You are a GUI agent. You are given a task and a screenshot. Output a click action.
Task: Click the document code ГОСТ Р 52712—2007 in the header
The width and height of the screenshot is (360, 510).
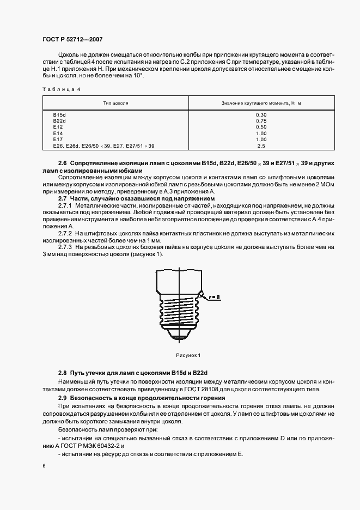click(72, 40)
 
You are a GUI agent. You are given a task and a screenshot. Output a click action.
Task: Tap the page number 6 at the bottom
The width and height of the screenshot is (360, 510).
click(44, 466)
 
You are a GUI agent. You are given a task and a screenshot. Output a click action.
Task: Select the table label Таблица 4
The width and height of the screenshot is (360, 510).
click(60, 89)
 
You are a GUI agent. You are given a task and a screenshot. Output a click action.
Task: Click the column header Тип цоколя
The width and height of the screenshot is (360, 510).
click(115, 103)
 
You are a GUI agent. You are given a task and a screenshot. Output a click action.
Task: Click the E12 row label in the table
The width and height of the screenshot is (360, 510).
click(57, 127)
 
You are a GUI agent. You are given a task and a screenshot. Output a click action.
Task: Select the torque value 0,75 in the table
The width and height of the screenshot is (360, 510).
click(261, 121)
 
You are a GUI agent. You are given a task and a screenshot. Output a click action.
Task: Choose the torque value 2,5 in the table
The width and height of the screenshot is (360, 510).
click(261, 145)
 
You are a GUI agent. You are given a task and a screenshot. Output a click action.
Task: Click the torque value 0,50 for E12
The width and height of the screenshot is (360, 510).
click(261, 127)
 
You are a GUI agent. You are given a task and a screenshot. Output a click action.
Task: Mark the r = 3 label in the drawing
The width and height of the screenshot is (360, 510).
click(213, 297)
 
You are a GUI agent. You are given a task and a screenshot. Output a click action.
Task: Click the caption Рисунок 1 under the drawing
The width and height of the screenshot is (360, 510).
click(188, 355)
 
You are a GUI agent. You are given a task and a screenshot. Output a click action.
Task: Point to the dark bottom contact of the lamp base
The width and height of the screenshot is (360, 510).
click(180, 340)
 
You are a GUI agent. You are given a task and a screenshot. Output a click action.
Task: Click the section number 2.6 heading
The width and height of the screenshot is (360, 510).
click(63, 163)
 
